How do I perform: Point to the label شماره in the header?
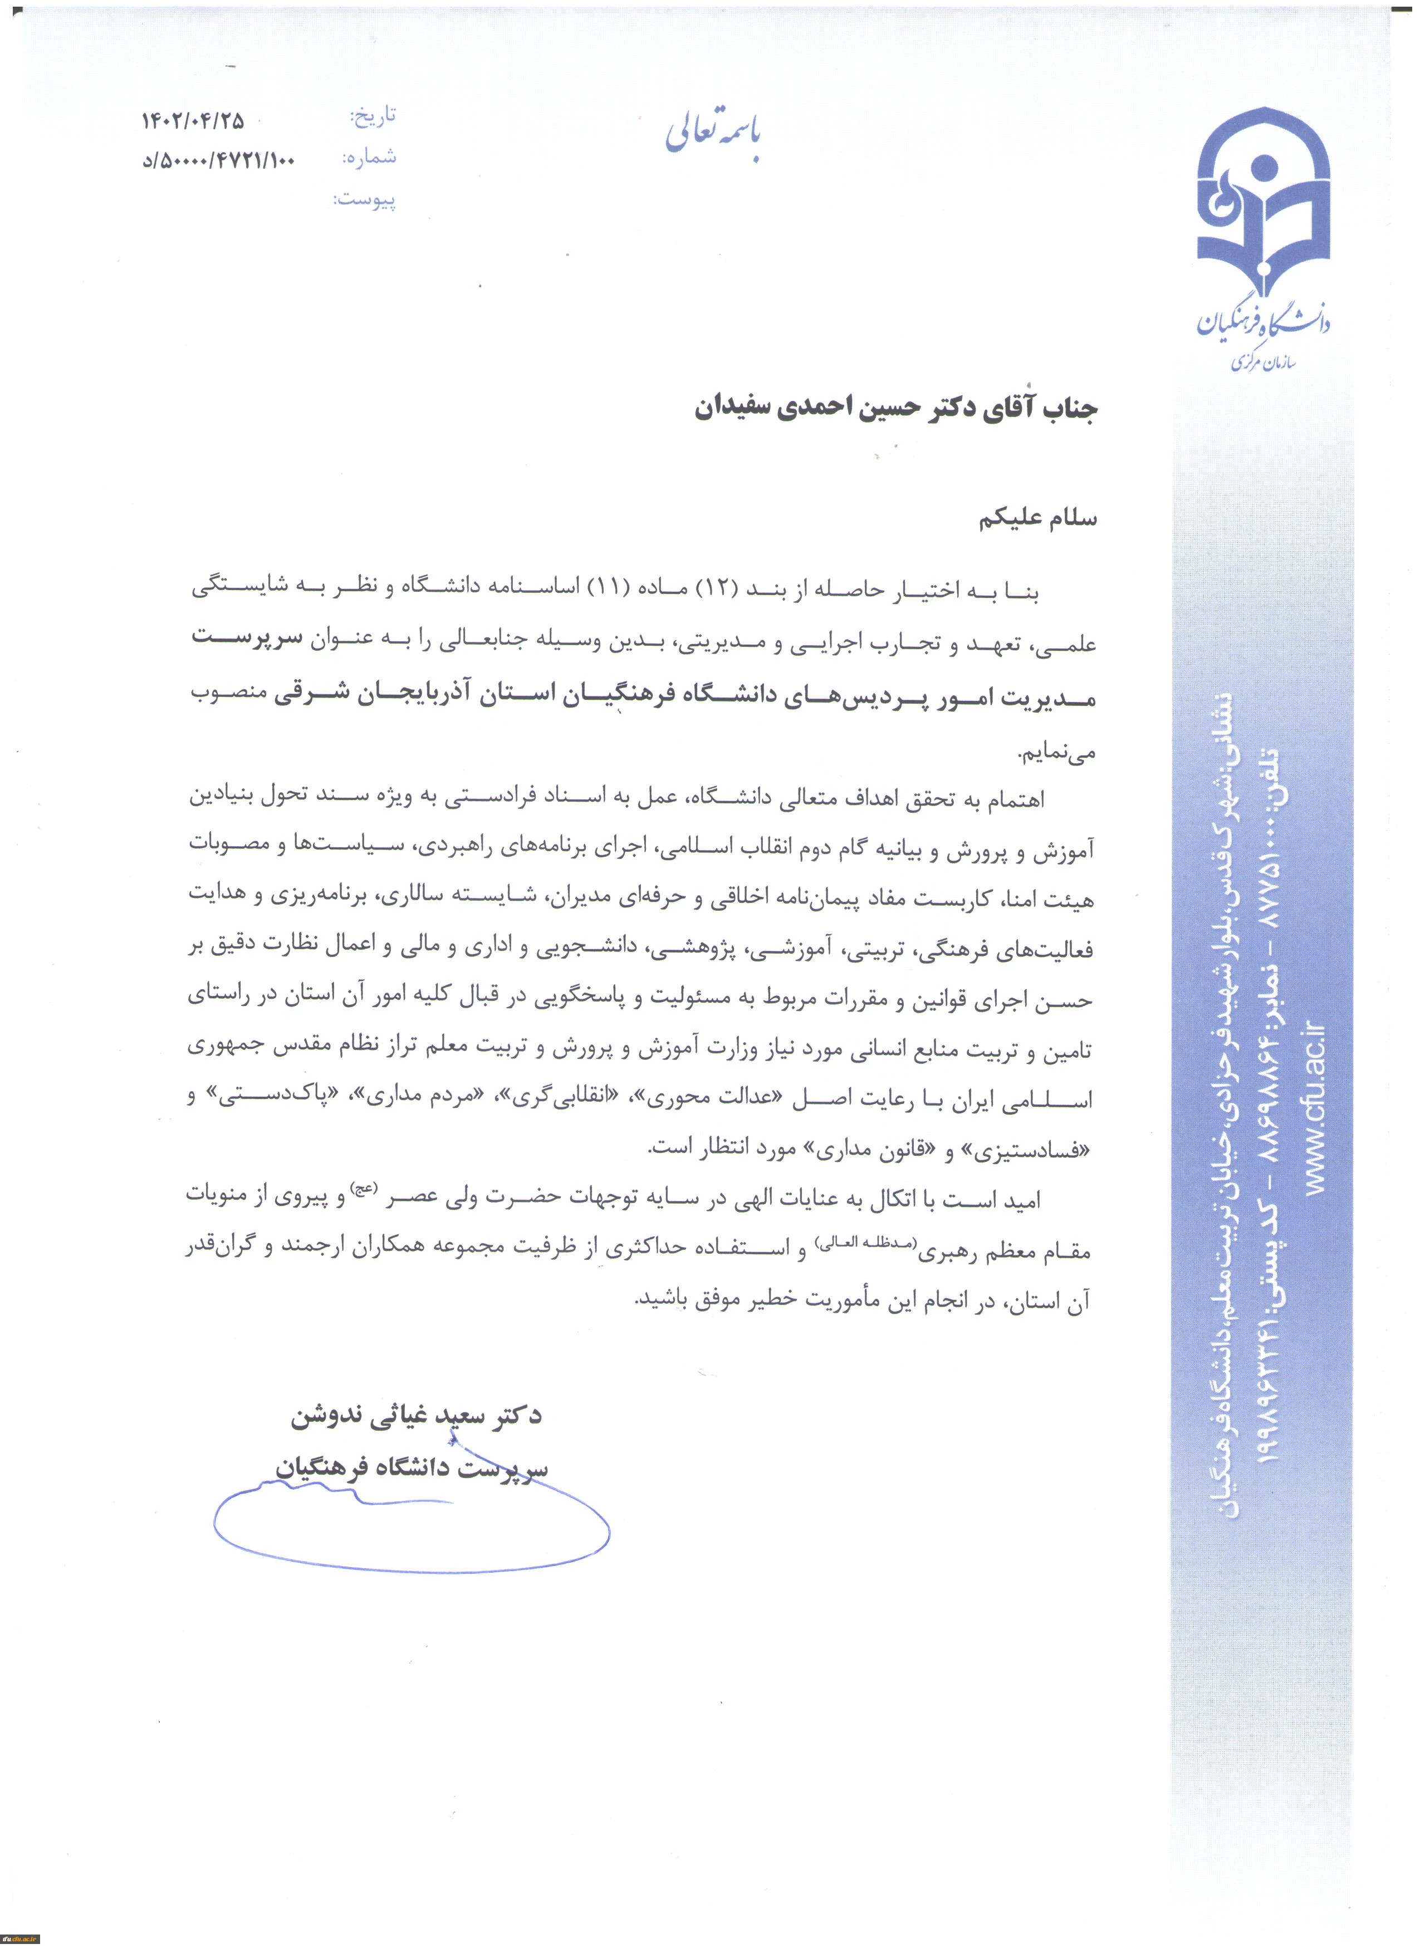coord(370,157)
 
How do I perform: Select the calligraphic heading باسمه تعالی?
coord(713,133)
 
